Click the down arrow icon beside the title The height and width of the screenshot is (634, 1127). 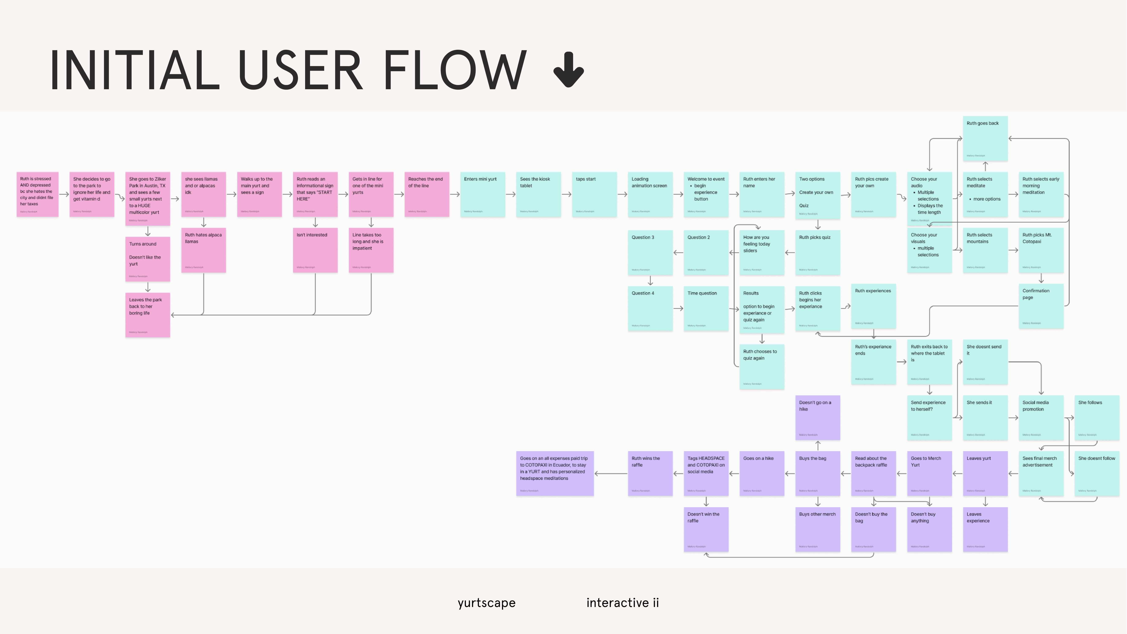coord(568,70)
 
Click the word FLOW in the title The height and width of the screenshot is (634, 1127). coord(455,70)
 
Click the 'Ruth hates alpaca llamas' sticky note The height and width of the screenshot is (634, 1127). coord(203,250)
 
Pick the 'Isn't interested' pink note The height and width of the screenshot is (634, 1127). coord(315,250)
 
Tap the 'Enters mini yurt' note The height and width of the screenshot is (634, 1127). coord(483,194)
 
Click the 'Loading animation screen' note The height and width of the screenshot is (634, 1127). coord(650,194)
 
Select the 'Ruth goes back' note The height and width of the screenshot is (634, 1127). coord(985,138)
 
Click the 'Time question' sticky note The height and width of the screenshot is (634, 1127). coord(706,309)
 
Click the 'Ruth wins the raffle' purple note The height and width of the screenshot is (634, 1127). coord(650,473)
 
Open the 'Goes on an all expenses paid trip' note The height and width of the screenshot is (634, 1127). coord(555,473)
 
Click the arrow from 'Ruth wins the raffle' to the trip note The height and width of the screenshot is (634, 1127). coord(611,473)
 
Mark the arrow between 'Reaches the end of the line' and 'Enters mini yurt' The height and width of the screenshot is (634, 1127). coord(454,194)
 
